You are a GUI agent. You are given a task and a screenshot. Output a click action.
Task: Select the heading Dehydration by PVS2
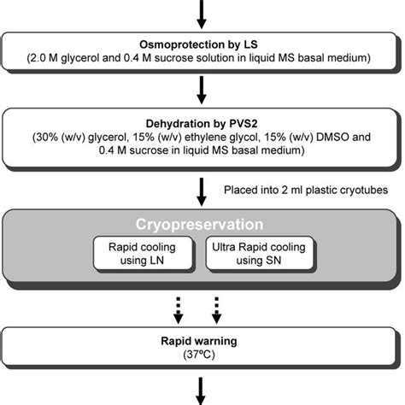pos(202,121)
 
